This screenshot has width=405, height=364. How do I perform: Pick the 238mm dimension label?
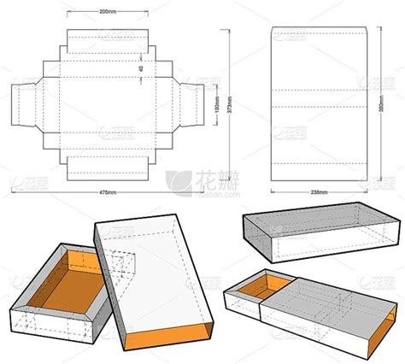pyautogui.click(x=319, y=193)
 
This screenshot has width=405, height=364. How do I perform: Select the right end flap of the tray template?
pyautogui.click(x=193, y=106)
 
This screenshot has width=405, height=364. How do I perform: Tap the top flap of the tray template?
pyautogui.click(x=109, y=38)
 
